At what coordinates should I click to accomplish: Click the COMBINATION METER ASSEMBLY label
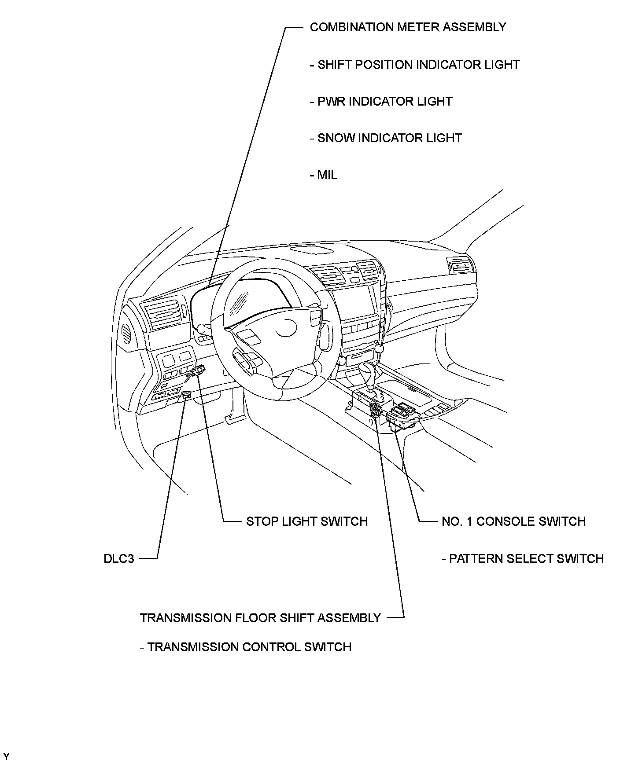pyautogui.click(x=408, y=27)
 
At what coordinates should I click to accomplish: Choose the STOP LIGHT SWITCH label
pyautogui.click(x=306, y=521)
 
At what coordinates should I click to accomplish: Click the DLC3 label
pyautogui.click(x=119, y=559)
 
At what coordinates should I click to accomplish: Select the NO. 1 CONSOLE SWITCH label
pyautogui.click(x=513, y=521)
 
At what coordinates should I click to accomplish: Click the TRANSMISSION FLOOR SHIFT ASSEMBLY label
pyautogui.click(x=260, y=618)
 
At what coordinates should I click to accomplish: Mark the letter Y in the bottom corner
pyautogui.click(x=6, y=756)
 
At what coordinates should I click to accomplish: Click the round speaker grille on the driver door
pyautogui.click(x=127, y=332)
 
